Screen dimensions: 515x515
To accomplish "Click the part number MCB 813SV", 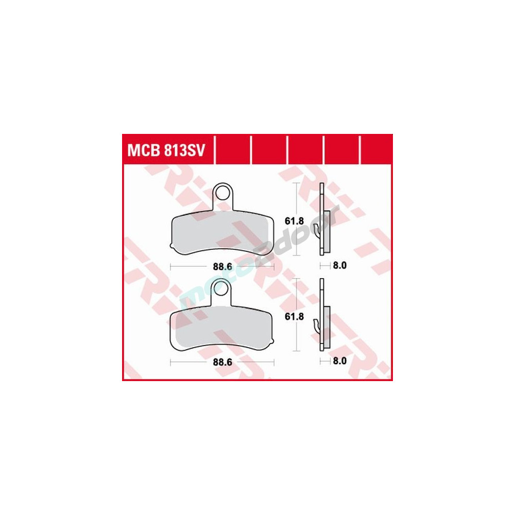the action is [166, 151].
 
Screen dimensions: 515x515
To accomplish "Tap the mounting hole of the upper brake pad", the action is [222, 192].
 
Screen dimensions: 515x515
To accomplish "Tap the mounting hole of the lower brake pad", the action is [221, 288].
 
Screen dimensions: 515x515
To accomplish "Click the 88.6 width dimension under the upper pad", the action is [222, 267].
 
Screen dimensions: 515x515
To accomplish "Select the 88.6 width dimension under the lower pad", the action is [222, 362].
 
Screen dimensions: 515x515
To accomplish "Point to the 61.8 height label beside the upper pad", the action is [294, 221].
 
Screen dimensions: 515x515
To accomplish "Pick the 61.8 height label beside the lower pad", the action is [294, 317].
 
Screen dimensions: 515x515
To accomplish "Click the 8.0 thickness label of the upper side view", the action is [339, 265].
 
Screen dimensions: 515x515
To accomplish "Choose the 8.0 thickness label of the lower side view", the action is [339, 361].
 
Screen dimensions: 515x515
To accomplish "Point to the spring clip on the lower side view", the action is [317, 326].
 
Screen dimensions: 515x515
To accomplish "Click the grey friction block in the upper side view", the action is [327, 232].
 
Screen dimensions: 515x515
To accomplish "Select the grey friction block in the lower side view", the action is [327, 327].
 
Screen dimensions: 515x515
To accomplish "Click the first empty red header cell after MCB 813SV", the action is [233, 150].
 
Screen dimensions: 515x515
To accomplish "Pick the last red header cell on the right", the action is [376, 150].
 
